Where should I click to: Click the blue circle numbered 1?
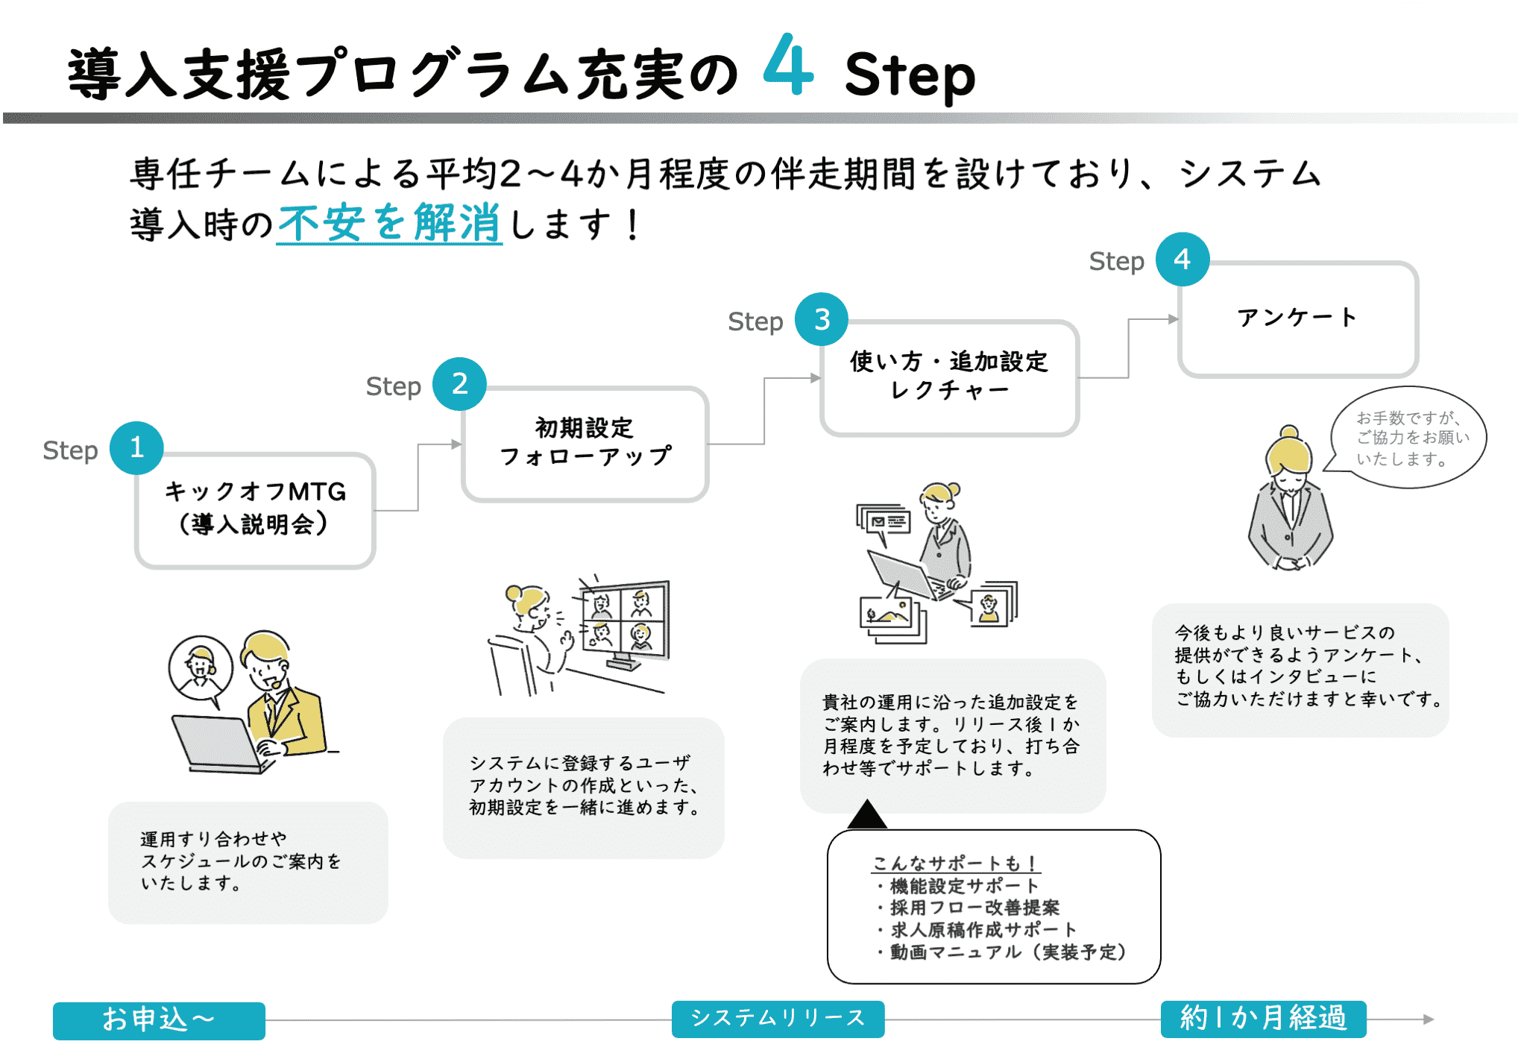136,447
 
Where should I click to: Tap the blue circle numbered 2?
460,383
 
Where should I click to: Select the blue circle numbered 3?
822,319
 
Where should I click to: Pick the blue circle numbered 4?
1183,260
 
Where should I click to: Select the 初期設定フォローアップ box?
585,443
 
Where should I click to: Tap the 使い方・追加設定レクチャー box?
949,377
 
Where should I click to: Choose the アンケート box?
1297,318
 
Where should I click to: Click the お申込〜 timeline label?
159,1019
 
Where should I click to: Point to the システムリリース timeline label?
778,1018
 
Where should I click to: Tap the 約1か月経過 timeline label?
1263,1018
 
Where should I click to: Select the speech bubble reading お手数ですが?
1409,438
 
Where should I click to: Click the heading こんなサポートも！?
956,863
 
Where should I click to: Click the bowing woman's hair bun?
1289,432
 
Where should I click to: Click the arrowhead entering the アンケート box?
1174,319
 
